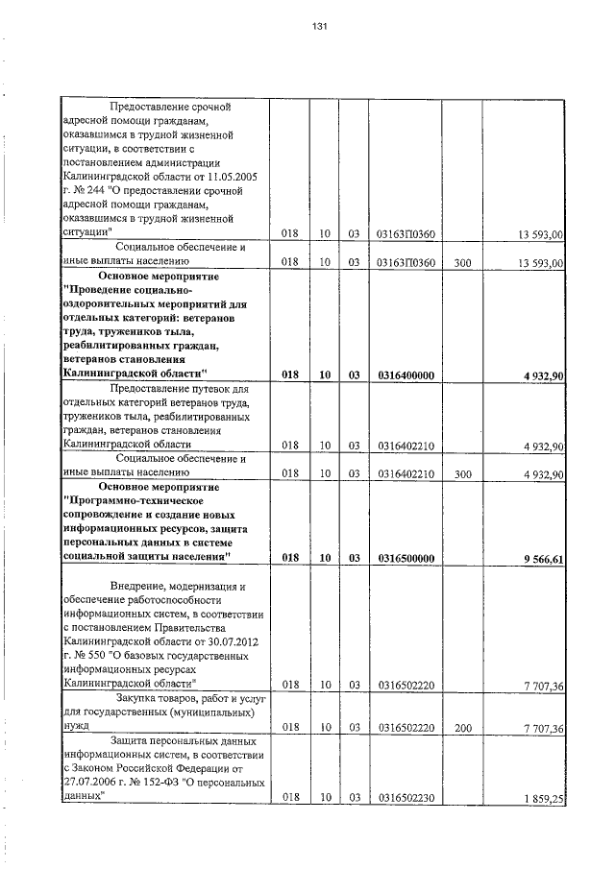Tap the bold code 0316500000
[x=406, y=557]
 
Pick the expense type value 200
[x=462, y=730]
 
